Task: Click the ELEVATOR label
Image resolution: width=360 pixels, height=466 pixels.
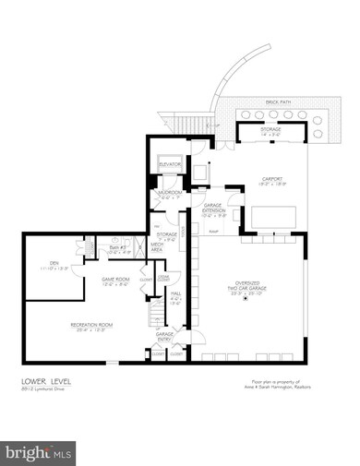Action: tap(169, 163)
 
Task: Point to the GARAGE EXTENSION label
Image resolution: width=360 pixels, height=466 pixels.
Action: tap(213, 209)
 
